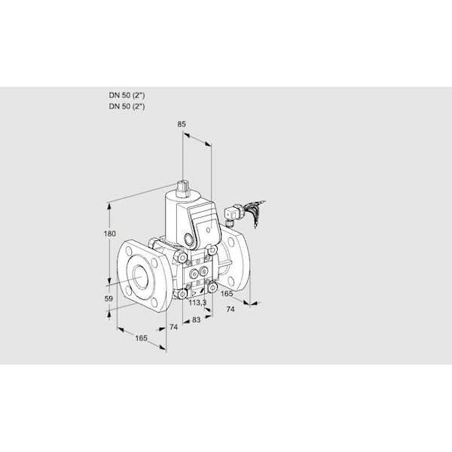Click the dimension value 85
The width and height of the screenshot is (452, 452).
tap(182, 124)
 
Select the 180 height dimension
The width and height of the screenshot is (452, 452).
tap(109, 234)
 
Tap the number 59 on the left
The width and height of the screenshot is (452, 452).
tap(108, 298)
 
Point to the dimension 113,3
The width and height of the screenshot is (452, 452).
tap(197, 303)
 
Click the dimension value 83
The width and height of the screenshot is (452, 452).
tap(196, 319)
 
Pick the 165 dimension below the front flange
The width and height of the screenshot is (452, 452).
tap(142, 337)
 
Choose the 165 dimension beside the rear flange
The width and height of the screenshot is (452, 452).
tap(227, 294)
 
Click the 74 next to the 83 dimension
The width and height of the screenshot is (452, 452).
tap(173, 327)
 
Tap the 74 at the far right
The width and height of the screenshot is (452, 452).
tap(231, 310)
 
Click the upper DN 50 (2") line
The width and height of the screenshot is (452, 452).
tap(127, 95)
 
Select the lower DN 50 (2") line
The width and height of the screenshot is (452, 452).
tap(127, 106)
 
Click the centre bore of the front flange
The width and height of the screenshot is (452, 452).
tap(141, 276)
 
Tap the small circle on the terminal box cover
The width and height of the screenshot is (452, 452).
tap(209, 230)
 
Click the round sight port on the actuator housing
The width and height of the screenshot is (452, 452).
tap(189, 239)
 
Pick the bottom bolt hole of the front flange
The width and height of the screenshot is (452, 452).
tap(154, 302)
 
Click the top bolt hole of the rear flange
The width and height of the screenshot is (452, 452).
tap(230, 243)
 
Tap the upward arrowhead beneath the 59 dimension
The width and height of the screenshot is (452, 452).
tap(109, 313)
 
